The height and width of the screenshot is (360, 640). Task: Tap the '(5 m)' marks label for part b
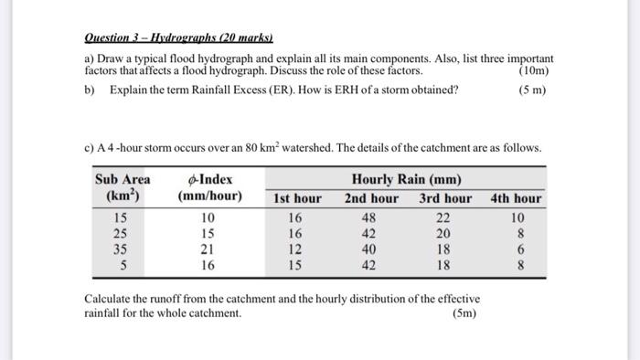[530, 90]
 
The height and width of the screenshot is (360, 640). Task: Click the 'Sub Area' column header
[123, 179]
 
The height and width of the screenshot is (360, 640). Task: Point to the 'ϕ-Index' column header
[209, 179]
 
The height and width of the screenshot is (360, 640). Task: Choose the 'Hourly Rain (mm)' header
[407, 179]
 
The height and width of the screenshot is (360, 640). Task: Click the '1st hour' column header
[297, 198]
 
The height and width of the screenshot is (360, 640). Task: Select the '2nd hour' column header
[371, 198]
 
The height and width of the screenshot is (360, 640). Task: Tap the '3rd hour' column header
[445, 198]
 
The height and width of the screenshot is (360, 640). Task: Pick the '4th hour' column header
[516, 198]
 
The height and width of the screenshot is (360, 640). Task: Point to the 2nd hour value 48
[371, 218]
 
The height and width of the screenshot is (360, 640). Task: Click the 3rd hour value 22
[444, 218]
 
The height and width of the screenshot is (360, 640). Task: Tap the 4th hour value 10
[518, 218]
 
